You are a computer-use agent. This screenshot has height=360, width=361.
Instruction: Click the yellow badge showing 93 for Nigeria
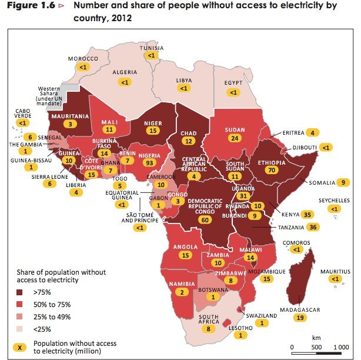point(149,163)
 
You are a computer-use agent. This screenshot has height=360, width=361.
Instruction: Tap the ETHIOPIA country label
point(272,163)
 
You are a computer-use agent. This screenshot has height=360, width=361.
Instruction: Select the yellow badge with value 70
point(272,170)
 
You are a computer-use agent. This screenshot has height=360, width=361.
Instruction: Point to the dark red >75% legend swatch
point(19,292)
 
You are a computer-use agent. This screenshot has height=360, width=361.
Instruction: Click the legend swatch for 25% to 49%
point(19,316)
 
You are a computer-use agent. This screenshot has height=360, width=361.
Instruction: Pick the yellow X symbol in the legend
point(19,347)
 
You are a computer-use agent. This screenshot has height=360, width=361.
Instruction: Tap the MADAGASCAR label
point(300,310)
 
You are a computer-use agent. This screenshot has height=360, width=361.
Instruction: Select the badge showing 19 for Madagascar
point(300,318)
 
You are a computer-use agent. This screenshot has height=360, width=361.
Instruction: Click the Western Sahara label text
point(49,96)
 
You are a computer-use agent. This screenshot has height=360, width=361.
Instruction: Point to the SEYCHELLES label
point(334,201)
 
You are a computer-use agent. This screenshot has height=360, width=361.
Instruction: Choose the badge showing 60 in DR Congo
point(205,220)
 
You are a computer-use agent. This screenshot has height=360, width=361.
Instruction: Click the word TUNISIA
point(152,48)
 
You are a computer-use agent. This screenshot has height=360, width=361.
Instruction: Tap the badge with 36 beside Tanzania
point(313,227)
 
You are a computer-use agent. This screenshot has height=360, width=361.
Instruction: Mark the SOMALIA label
point(322,183)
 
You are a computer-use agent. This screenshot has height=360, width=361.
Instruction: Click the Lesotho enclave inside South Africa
point(227,323)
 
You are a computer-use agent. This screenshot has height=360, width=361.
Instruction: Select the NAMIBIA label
point(182,284)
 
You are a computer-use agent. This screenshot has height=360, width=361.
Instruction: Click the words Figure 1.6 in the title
point(31,5)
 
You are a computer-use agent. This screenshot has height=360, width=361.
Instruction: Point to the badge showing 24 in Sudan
point(235,138)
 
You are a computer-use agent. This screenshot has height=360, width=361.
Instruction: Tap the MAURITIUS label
point(336,272)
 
